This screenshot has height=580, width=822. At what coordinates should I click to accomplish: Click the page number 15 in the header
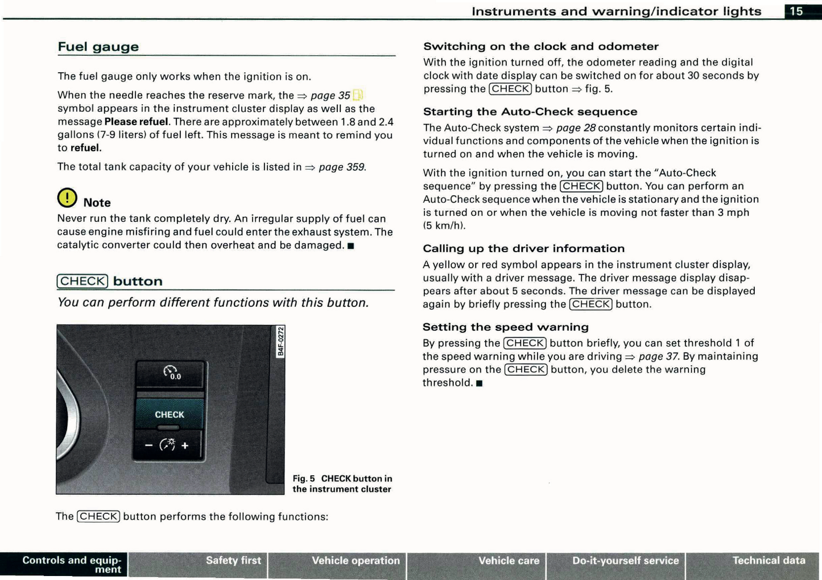796,11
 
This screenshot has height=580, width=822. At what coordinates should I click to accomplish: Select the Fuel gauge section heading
98,47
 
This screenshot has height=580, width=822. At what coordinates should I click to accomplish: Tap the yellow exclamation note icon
67,198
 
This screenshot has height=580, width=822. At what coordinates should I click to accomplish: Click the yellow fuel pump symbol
358,95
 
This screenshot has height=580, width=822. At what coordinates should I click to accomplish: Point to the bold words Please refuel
136,122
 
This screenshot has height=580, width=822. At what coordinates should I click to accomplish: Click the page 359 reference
342,167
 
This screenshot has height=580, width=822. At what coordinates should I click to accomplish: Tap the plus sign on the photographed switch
185,446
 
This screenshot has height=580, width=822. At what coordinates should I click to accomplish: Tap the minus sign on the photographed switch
148,446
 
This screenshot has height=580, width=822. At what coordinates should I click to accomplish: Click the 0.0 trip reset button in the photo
171,373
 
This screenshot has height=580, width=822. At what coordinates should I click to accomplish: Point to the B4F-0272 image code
280,342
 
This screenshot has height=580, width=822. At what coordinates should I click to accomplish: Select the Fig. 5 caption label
304,479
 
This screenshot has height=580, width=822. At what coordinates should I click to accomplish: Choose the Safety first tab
233,561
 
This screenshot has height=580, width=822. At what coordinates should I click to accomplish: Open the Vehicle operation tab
356,561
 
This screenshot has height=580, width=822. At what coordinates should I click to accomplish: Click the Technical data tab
769,561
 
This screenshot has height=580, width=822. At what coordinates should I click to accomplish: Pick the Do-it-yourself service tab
625,561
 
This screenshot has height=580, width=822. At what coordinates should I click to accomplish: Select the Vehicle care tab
509,561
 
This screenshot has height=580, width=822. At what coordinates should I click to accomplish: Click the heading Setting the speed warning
505,327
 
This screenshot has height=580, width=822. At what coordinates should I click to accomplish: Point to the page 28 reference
576,128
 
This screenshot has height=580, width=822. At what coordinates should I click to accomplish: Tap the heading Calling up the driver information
523,248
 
